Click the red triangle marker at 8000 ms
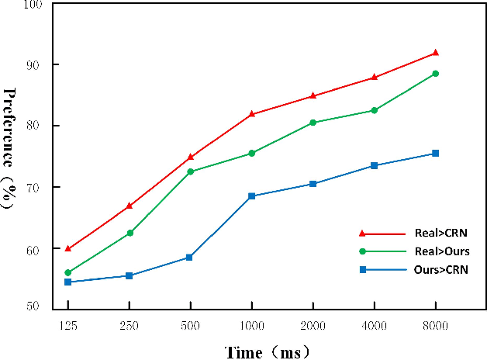(x=435, y=53)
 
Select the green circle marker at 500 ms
(x=190, y=171)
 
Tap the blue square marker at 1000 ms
(x=251, y=196)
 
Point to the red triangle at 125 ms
(x=68, y=248)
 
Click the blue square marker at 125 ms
(x=68, y=282)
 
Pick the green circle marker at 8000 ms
(x=435, y=74)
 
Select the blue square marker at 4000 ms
(x=374, y=165)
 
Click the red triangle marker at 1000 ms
(x=251, y=114)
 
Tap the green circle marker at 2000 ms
(x=313, y=123)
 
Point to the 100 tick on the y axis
(x=33, y=5)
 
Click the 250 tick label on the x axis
(x=129, y=326)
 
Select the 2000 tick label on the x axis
(x=313, y=326)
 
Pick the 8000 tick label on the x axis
(x=435, y=326)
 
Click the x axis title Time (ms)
(x=268, y=351)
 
